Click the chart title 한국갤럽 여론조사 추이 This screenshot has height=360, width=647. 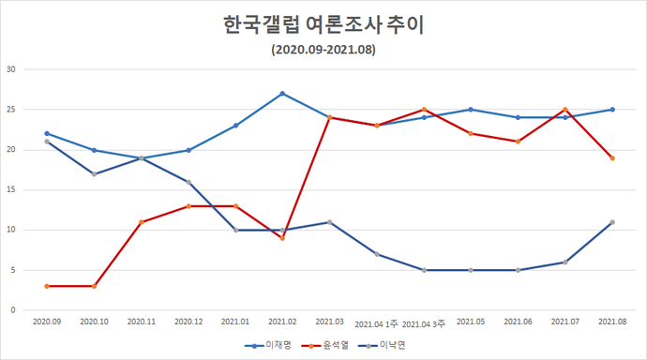(x=323, y=24)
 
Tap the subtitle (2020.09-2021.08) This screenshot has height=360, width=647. (x=323, y=50)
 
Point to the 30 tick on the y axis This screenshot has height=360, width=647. (x=10, y=69)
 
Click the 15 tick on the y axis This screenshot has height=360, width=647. (x=10, y=189)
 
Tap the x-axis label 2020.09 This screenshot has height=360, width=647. (x=47, y=322)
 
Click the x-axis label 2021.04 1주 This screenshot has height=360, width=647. (x=377, y=322)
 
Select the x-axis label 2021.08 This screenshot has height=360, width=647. (x=612, y=322)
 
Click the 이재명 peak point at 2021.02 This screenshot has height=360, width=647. (x=282, y=94)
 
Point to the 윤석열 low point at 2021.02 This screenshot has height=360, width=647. (x=282, y=238)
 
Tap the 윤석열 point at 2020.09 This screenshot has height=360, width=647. (x=47, y=286)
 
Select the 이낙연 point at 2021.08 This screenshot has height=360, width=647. (x=612, y=222)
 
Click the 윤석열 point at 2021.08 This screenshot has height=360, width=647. (x=612, y=158)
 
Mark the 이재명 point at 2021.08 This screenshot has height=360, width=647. (x=612, y=110)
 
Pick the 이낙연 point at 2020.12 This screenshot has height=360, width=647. (x=188, y=182)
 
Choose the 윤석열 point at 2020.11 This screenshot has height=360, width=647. (x=141, y=222)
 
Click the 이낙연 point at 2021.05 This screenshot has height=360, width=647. (x=471, y=270)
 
